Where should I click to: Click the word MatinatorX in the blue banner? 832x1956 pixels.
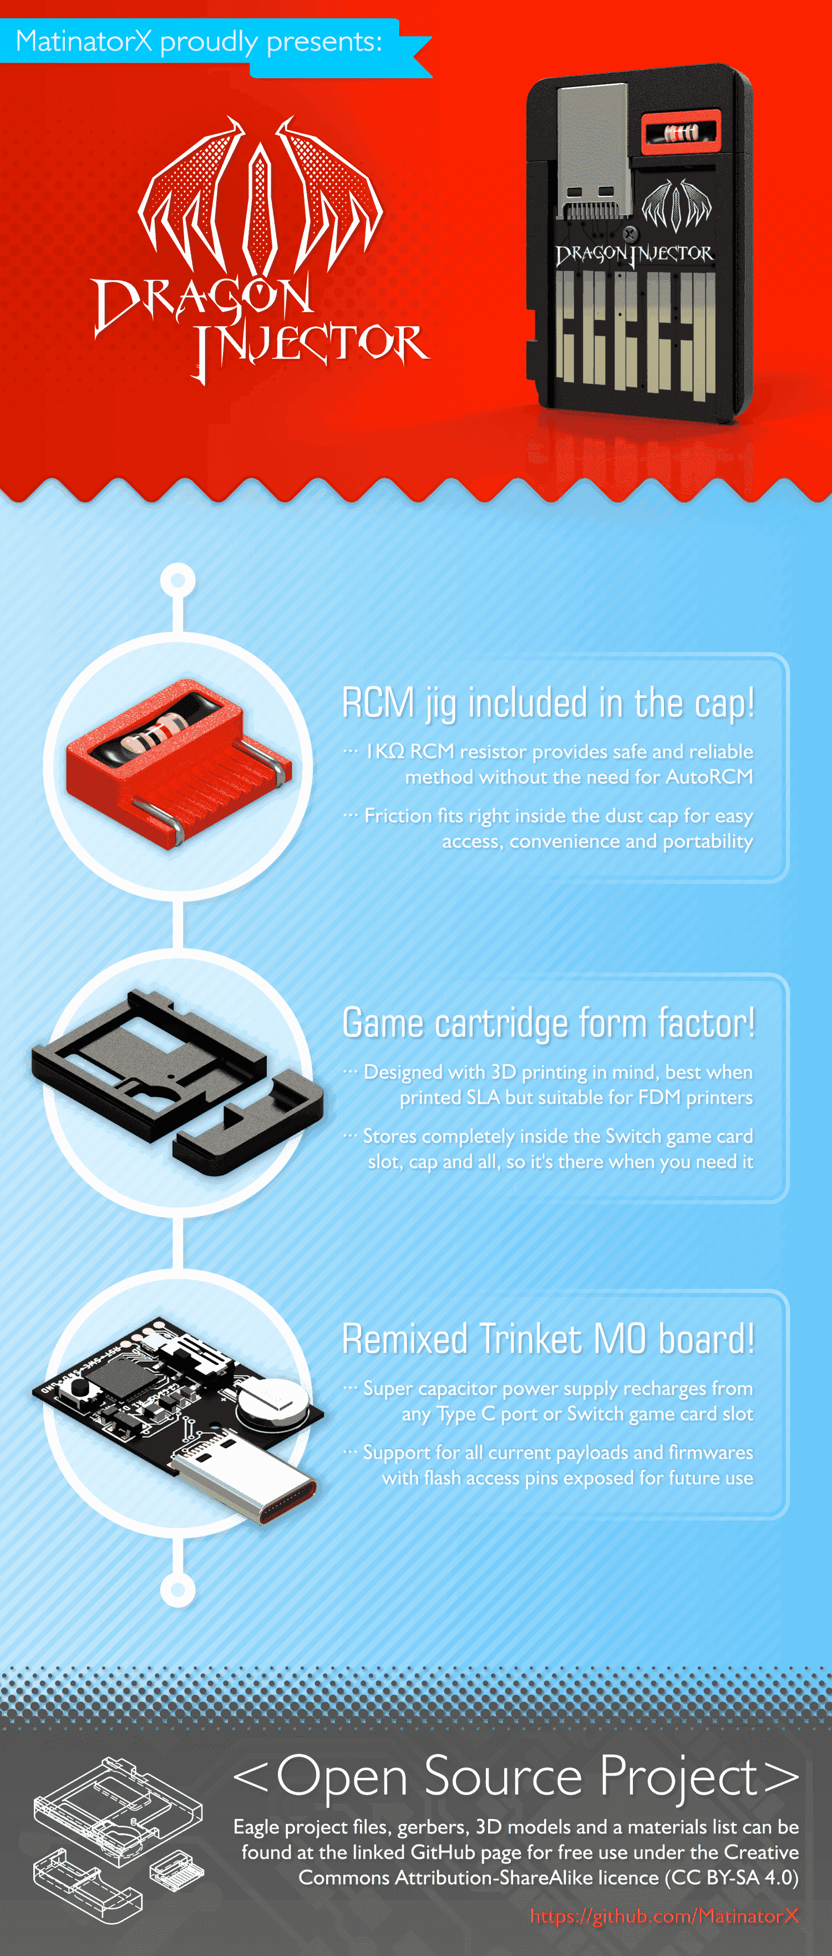pos(84,41)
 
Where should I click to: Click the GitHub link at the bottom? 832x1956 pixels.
pos(664,1915)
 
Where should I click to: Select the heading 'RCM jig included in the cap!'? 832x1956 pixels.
pos(548,702)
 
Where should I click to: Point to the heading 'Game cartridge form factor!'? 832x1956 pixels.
pos(548,1023)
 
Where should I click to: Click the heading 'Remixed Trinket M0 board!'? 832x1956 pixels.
pos(548,1338)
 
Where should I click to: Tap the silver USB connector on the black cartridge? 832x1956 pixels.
pos(593,149)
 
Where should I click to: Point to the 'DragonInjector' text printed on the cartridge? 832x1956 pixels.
pos(634,254)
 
